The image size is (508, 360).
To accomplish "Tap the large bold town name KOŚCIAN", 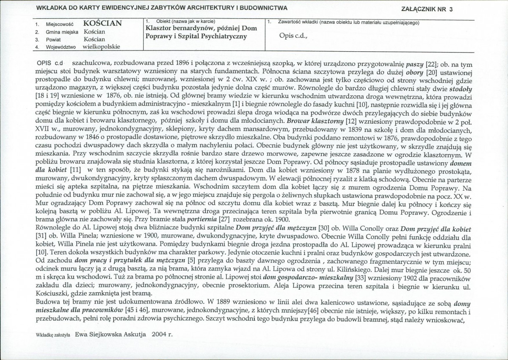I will [103, 24].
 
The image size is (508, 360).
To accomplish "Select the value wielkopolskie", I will [102, 46].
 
